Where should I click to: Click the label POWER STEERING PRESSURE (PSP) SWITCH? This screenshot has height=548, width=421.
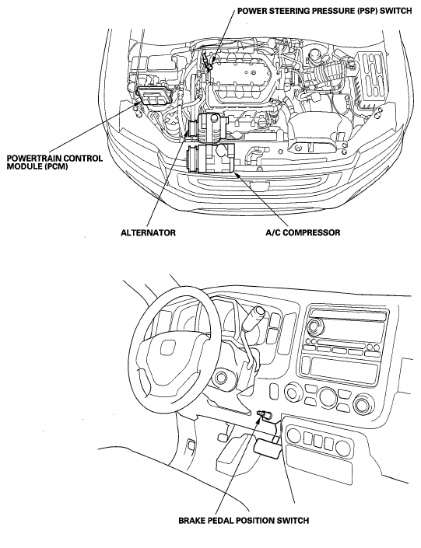(325, 10)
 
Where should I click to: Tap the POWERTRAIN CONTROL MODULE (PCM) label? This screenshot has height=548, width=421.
(55, 162)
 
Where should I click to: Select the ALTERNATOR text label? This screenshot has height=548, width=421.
(148, 232)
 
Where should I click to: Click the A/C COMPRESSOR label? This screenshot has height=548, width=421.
(303, 232)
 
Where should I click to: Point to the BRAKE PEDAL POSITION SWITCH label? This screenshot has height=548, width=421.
(244, 520)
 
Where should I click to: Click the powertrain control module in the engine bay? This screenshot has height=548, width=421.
(153, 95)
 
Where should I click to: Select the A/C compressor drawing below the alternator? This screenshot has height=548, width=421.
(209, 159)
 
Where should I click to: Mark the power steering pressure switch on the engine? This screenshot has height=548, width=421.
(209, 65)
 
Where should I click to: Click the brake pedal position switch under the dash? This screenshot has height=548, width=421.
(265, 415)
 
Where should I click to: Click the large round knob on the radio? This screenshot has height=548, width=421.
(314, 326)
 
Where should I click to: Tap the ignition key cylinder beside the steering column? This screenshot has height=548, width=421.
(221, 378)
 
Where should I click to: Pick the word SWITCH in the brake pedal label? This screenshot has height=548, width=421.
(293, 520)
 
